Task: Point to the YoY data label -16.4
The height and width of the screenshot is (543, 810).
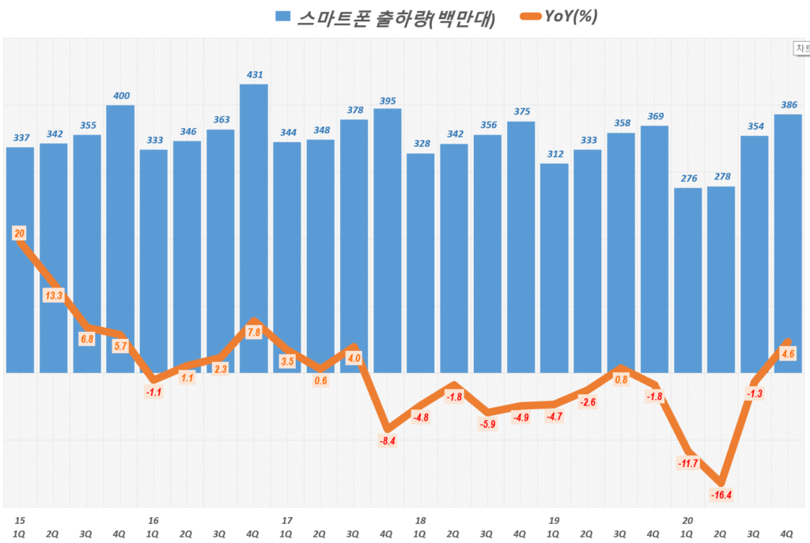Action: [x=721, y=496]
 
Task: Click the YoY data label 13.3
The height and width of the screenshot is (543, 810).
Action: [x=54, y=296]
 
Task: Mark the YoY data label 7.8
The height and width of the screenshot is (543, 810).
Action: [x=253, y=333]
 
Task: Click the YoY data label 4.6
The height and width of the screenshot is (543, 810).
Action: [x=787, y=353]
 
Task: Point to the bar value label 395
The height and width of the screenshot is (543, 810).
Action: [x=387, y=101]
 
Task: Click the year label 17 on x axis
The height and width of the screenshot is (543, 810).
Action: [x=286, y=521]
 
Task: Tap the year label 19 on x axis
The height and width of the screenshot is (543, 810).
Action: [x=554, y=521]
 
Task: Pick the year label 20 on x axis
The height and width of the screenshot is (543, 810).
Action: [x=687, y=521]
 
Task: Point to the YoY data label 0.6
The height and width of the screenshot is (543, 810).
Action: [x=320, y=380]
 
